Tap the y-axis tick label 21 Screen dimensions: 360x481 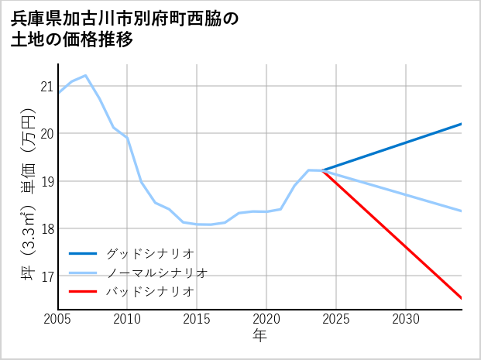coord(47,86)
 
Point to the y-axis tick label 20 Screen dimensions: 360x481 coord(47,134)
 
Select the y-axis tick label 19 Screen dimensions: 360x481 coord(47,181)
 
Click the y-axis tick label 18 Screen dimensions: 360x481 coord(47,228)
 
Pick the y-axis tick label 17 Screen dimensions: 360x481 coord(47,276)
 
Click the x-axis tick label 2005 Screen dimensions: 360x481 coord(58,319)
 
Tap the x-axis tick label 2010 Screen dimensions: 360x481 coord(127,319)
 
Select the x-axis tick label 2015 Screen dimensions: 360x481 coord(197,319)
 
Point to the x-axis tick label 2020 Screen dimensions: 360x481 coord(266,319)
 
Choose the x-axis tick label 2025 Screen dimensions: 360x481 coord(336,319)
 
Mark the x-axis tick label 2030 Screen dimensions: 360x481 coord(406,319)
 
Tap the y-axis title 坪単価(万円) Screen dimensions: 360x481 coord(28,194)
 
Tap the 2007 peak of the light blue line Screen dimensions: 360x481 coord(85,76)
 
